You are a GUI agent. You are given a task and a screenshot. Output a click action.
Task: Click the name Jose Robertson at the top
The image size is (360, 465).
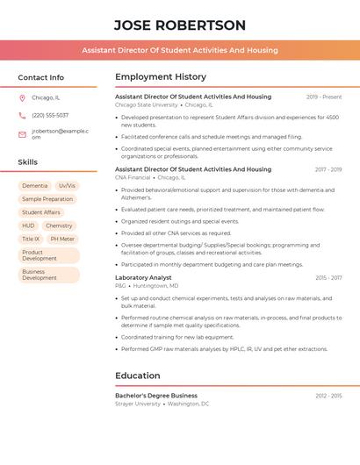point(180,25)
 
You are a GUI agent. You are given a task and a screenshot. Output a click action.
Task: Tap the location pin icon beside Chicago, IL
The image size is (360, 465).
point(22,98)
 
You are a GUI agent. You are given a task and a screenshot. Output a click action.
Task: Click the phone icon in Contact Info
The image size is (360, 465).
point(22,115)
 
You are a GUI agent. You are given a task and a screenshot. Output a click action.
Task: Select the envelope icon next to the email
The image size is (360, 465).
point(22,134)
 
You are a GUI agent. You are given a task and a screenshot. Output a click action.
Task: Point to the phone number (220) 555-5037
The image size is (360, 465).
point(50,115)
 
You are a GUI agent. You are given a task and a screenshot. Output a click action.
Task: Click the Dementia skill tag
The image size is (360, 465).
point(35,186)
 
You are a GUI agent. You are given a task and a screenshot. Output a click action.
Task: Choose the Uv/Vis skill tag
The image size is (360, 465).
point(67,186)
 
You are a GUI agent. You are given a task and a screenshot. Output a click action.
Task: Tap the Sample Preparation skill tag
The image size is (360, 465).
point(48,199)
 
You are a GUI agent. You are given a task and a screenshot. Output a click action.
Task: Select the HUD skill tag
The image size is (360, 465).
point(29,225)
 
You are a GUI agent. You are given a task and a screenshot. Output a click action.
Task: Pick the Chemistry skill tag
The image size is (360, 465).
point(59,225)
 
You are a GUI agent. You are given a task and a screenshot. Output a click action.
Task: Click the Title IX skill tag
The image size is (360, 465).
point(31,239)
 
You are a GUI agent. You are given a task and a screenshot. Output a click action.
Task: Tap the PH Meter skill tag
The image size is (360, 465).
point(62,239)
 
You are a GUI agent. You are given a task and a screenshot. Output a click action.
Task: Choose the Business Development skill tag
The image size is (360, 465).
point(40,275)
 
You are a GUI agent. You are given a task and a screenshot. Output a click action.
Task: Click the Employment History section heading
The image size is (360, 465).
point(161,77)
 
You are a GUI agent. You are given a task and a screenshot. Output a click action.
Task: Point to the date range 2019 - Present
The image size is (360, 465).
point(324,97)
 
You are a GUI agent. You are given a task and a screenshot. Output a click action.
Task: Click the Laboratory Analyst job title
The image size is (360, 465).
point(143,277)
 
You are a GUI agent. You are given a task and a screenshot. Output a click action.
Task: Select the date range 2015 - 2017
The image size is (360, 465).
point(328,277)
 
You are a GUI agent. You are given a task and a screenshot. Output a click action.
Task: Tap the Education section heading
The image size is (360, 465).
point(137,376)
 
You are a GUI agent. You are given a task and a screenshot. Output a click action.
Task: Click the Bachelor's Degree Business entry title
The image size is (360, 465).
point(156,396)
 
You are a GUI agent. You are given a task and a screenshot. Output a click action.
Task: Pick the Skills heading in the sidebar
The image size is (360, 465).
point(28,162)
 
